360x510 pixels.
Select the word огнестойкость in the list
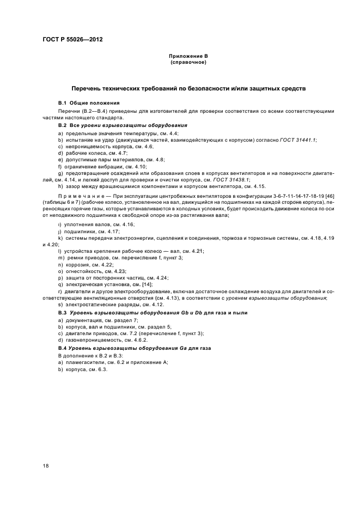83,270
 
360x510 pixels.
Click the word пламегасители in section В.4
83,362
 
